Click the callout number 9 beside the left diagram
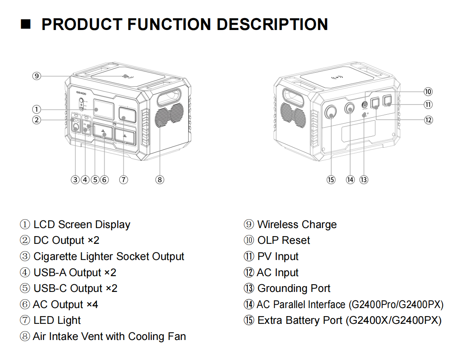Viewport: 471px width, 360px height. (x=37, y=76)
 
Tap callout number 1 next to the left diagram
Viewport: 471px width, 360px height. (x=37, y=110)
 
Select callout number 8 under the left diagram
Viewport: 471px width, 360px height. (x=160, y=179)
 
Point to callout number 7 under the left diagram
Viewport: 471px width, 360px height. (x=123, y=179)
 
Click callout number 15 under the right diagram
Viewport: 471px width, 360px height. (x=331, y=179)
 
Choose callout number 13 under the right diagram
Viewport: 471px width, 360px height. (x=364, y=179)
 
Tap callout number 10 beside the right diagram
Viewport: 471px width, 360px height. (x=428, y=92)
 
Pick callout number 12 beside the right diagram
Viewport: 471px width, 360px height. (x=428, y=120)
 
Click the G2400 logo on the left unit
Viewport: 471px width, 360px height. (x=81, y=93)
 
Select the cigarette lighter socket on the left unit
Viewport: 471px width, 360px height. (x=76, y=127)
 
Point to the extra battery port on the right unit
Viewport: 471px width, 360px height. (x=331, y=112)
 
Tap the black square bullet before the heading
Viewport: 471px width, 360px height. (x=25, y=24)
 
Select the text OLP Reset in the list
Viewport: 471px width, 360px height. (x=284, y=240)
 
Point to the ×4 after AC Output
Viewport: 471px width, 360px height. (x=92, y=305)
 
